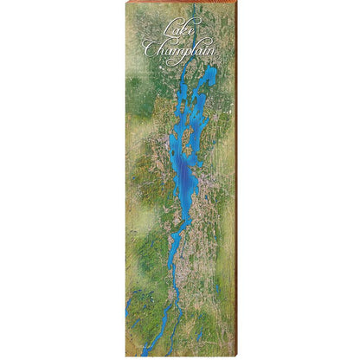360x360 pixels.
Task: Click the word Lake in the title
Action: tap(179, 33)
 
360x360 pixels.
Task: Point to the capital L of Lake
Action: tap(165, 33)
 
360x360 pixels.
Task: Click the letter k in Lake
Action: tap(183, 32)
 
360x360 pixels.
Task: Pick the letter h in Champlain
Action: tap(162, 50)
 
